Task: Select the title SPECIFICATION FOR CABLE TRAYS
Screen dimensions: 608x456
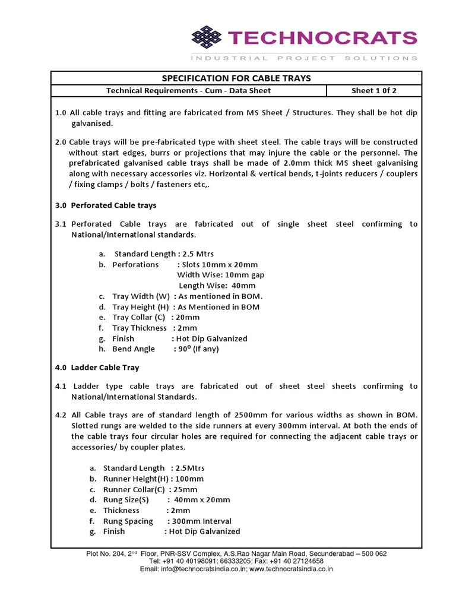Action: point(236,78)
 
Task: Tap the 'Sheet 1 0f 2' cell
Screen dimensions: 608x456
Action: point(374,91)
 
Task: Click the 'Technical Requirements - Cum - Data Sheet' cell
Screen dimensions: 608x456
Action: point(188,91)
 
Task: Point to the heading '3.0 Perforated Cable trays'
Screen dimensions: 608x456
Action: point(106,205)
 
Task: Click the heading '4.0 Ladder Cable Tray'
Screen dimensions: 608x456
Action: point(97,368)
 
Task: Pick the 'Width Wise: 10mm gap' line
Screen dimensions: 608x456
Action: point(221,275)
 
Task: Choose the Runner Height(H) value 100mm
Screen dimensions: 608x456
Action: point(191,479)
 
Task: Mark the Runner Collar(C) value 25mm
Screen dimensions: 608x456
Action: point(185,489)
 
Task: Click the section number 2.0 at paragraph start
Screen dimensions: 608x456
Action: point(61,142)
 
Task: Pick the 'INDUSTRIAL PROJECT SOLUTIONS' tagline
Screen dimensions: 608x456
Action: point(304,58)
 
